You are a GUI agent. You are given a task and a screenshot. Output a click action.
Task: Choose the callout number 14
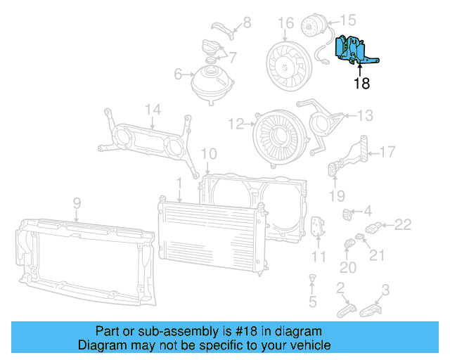tap(153, 109)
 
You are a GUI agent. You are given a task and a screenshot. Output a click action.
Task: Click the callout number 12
tap(236, 124)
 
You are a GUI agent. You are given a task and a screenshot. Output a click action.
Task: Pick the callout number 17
tap(388, 151)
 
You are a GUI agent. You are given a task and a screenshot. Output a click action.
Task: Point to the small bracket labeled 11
tap(317, 226)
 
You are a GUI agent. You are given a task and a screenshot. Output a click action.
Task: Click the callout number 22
tap(402, 225)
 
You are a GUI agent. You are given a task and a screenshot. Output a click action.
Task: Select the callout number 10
tap(209, 154)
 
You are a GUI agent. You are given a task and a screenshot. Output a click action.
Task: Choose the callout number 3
tap(385, 288)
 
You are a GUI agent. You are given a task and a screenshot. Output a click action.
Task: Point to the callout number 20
tap(348, 267)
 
